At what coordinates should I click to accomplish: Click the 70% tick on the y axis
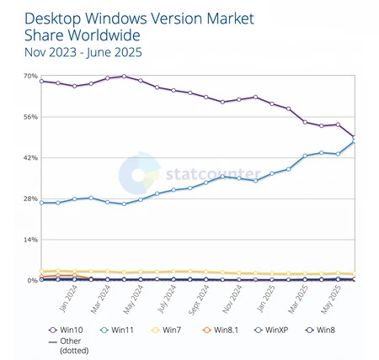[29, 77]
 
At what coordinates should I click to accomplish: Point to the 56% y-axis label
[29, 117]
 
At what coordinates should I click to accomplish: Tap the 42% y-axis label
[29, 158]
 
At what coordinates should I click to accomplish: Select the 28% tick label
[29, 199]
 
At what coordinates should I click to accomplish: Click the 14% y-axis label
[29, 240]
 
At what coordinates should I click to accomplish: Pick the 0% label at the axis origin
[32, 280]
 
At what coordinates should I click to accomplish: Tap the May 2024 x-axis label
[130, 297]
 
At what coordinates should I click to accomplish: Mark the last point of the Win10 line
[355, 136]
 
